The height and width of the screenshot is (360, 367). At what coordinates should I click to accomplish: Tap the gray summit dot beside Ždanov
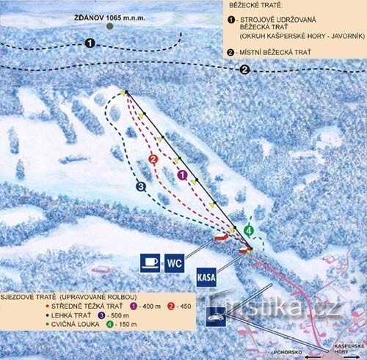point(109,26)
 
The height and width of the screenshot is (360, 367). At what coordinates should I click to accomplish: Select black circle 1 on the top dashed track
point(89,44)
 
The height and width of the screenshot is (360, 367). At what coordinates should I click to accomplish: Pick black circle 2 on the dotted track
point(244,70)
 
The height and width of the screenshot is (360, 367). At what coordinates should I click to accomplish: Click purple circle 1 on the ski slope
point(183,175)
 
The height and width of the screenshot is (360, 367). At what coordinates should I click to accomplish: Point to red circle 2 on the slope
point(153,159)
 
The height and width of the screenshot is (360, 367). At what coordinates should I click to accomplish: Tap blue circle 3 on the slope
point(141,186)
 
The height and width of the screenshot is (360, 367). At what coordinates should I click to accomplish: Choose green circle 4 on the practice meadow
point(249,230)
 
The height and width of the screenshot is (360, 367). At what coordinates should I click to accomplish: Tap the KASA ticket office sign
point(207,278)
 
